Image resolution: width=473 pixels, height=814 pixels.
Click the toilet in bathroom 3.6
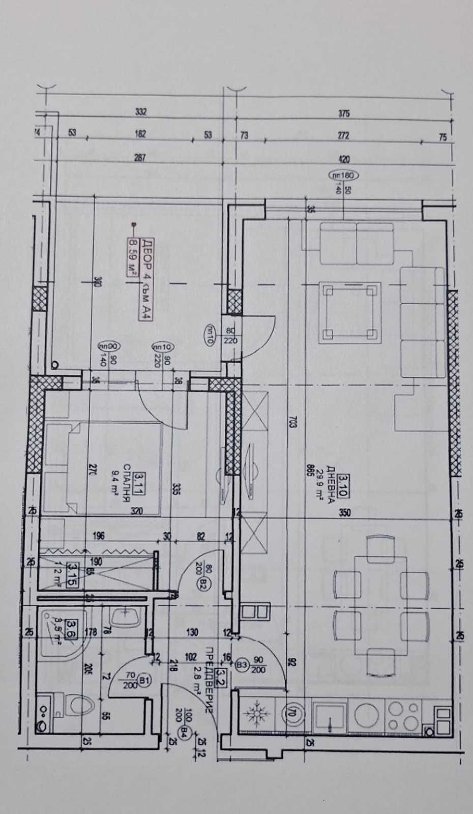[79, 706]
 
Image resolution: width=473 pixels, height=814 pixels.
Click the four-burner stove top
[403, 715]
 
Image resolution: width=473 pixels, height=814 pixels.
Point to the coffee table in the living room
[350, 311]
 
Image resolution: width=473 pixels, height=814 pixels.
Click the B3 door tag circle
[242, 664]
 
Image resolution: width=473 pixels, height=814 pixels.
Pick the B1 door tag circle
[144, 680]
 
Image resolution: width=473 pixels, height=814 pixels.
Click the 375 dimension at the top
[344, 113]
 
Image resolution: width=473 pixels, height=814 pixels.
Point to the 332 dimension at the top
[140, 111]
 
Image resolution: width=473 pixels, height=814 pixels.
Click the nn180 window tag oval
[344, 176]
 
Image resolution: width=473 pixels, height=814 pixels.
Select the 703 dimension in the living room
[293, 423]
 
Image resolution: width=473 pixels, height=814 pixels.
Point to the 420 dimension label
[344, 159]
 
